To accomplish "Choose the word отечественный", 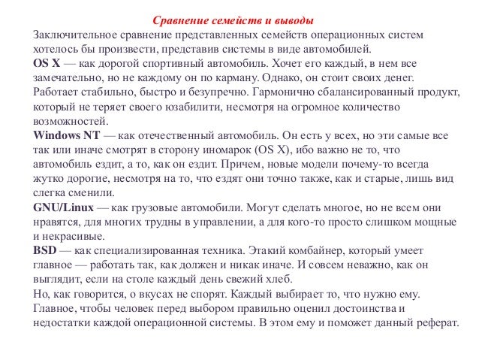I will [171, 135].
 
